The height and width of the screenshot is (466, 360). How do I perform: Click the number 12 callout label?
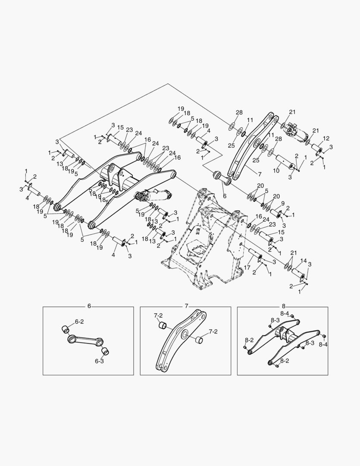pyautogui.click(x=326, y=139)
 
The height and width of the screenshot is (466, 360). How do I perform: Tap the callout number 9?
pyautogui.click(x=283, y=203)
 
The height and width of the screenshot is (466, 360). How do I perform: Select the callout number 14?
pyautogui.click(x=304, y=261)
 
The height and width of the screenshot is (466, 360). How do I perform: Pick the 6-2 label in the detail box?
pyautogui.click(x=79, y=321)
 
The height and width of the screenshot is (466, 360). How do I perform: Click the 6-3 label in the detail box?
pyautogui.click(x=99, y=361)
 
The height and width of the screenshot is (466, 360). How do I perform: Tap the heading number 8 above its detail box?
pyautogui.click(x=283, y=306)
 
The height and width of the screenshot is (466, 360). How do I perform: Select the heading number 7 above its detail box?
pyautogui.click(x=186, y=306)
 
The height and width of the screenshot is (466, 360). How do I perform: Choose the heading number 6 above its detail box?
pyautogui.click(x=89, y=306)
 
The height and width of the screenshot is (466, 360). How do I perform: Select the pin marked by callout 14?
pyautogui.click(x=298, y=273)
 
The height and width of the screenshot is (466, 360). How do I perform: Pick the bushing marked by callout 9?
pyautogui.click(x=276, y=213)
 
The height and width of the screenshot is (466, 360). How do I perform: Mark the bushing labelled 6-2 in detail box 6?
pyautogui.click(x=66, y=329)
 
